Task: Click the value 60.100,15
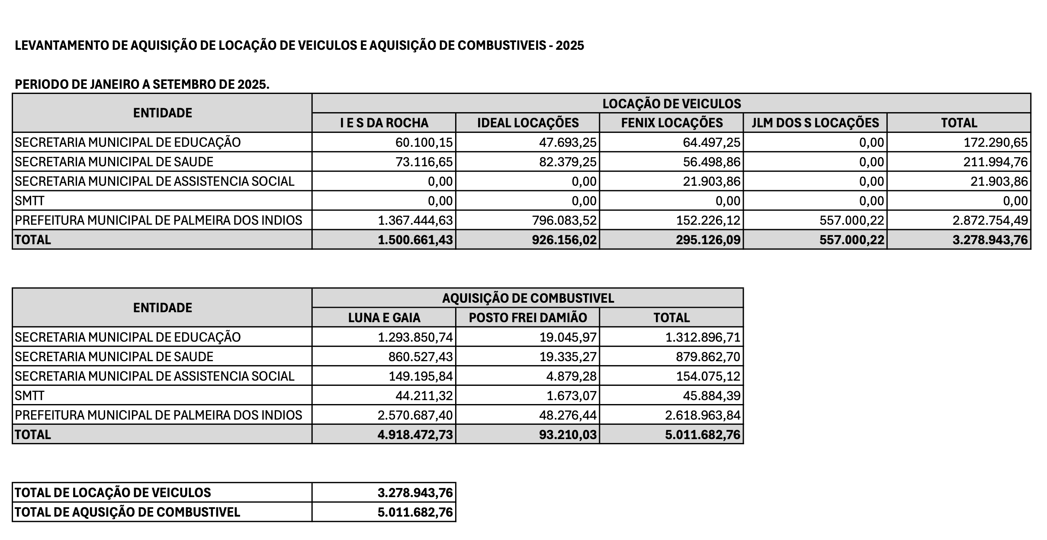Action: (x=424, y=142)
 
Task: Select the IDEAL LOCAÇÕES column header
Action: (x=528, y=123)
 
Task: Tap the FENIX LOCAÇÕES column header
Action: (x=671, y=123)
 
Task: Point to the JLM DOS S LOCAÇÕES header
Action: (x=815, y=123)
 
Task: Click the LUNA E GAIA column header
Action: (x=384, y=318)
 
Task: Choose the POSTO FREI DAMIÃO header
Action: (x=528, y=318)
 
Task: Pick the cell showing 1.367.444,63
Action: (x=415, y=220)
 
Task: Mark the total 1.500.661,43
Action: (x=415, y=240)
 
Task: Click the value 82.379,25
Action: (x=568, y=162)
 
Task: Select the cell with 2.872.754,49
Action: (x=990, y=220)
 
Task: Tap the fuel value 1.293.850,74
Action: (x=415, y=337)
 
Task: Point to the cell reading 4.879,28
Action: (x=571, y=376)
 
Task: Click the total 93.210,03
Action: (x=568, y=435)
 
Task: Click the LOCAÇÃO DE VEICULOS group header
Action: (x=671, y=103)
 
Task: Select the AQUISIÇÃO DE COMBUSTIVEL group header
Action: (x=528, y=298)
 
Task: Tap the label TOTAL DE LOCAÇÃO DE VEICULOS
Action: (x=113, y=493)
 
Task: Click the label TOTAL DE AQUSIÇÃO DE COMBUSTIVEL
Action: (x=127, y=512)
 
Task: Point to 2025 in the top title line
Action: (x=570, y=45)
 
